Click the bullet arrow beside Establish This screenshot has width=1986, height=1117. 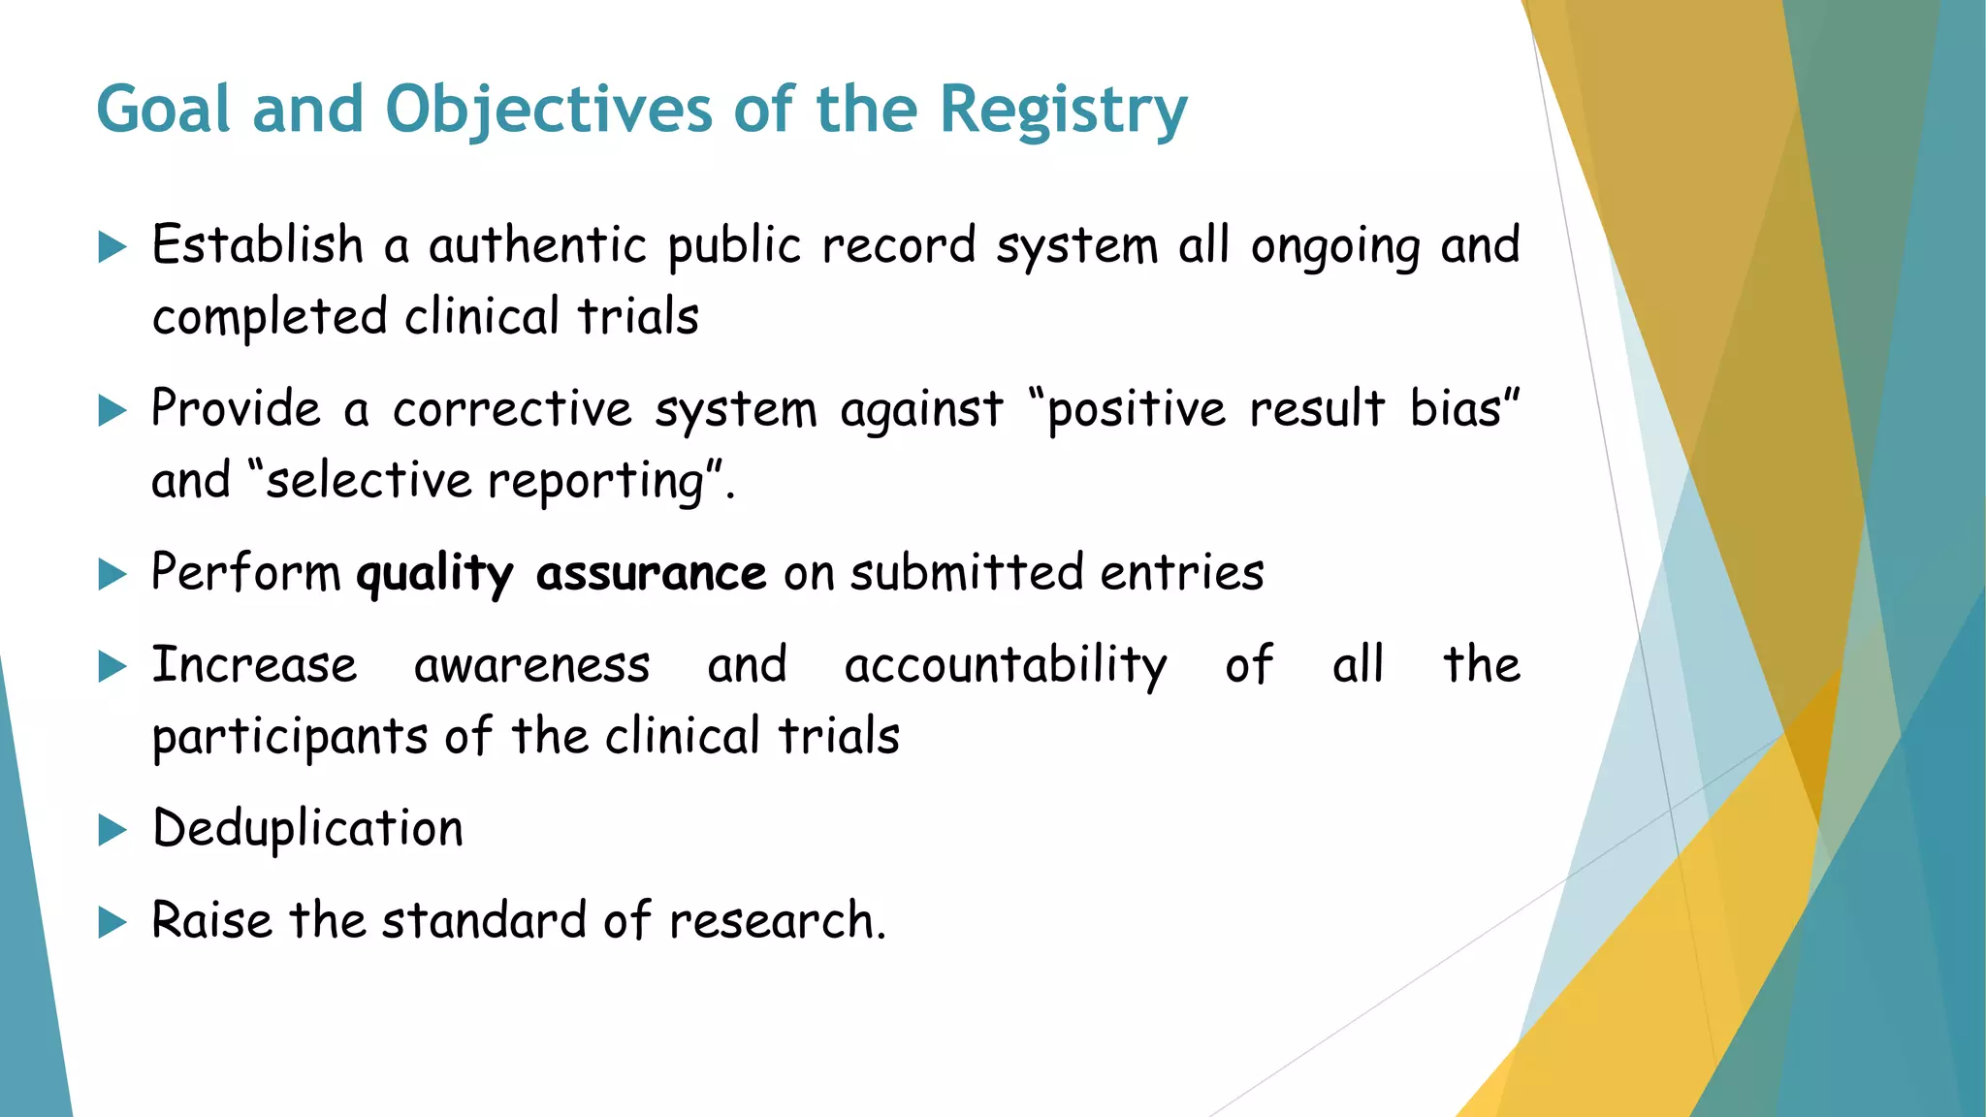112,247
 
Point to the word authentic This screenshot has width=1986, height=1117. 537,245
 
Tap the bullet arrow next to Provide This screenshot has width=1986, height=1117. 112,411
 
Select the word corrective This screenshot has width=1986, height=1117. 512,409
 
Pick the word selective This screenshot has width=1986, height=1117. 368,481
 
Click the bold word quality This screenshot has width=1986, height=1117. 433,574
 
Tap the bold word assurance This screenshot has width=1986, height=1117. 651,574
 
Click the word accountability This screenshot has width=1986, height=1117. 1006,667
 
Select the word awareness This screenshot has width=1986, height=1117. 531,666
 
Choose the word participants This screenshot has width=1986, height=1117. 290,738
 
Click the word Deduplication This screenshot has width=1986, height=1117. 307,829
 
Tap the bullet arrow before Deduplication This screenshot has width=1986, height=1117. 112,830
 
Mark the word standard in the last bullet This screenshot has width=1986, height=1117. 484,920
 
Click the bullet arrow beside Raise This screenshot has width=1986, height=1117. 112,922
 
